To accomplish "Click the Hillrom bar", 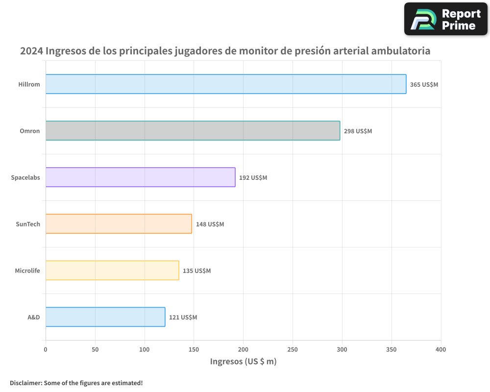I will click(226, 84).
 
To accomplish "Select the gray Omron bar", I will click(193, 130).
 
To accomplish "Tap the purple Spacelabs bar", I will click(140, 177).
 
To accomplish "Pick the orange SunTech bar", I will click(119, 223).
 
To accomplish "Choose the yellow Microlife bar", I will click(112, 270).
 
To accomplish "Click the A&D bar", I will click(105, 317).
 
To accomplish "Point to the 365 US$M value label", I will click(424, 84).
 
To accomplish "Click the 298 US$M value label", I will click(358, 131).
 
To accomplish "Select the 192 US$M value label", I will click(253, 177).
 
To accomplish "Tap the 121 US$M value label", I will click(183, 317).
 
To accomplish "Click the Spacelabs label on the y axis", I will click(25, 177).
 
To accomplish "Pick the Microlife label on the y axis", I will click(27, 270).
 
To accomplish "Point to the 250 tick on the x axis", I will click(293, 349).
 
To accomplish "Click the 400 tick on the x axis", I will click(441, 349).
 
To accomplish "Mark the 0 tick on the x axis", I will click(46, 349).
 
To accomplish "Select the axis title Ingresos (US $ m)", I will click(243, 362).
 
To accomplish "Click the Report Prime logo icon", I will click(422, 20).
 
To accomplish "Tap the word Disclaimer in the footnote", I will click(25, 383).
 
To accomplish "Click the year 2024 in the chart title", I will click(31, 51).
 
